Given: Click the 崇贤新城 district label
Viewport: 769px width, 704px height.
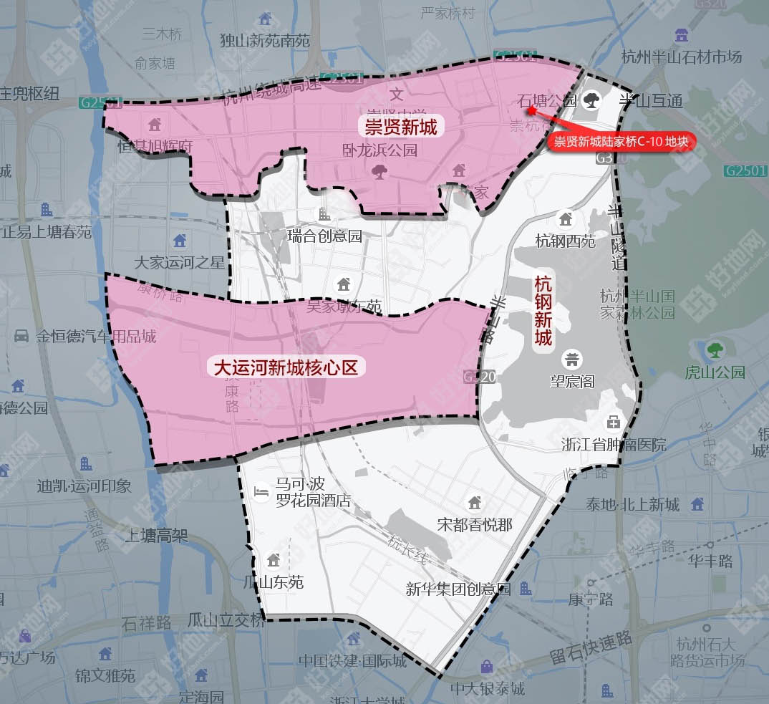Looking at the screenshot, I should click(x=401, y=127).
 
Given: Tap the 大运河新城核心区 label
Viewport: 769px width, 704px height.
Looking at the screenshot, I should click(x=286, y=368).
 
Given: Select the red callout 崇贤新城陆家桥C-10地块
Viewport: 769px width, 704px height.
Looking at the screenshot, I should click(x=621, y=142).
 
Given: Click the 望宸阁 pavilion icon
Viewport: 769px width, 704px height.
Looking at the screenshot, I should click(x=572, y=358).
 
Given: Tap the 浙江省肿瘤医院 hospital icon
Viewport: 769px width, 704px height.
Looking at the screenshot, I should click(x=613, y=422).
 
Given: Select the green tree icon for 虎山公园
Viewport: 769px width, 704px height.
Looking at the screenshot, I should click(x=715, y=350).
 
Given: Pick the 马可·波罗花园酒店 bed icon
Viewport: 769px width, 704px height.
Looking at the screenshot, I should click(x=262, y=492).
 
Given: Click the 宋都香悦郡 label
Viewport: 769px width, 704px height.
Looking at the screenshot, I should click(x=475, y=524).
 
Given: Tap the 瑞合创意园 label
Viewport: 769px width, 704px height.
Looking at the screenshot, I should click(x=324, y=236).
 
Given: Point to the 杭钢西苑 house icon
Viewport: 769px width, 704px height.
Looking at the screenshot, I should click(x=566, y=218).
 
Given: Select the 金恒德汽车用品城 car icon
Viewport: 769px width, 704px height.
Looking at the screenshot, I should click(x=21, y=335).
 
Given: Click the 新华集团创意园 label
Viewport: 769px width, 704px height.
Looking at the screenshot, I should click(x=458, y=589).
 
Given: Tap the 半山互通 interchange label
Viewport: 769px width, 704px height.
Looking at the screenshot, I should click(x=651, y=100).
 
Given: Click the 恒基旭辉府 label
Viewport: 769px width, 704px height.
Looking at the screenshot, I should click(x=156, y=146).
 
